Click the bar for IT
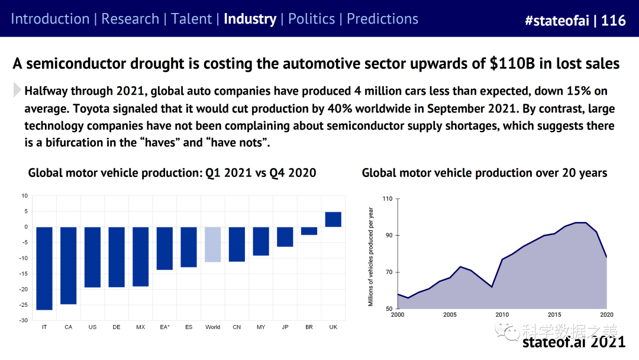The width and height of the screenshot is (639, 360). pos(44,268)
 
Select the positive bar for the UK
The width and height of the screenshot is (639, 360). pos(333,219)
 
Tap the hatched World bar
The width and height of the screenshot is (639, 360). pos(212,245)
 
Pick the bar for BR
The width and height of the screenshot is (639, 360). pos(309,231)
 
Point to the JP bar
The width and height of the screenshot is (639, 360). pos(285,237)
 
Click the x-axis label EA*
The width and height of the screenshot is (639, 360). pos(164,327)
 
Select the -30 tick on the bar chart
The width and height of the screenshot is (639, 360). pos(24,320)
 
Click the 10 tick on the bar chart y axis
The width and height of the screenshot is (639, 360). pos(24,195)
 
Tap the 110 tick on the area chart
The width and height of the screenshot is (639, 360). pos(387,198)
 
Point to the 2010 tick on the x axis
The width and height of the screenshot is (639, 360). pos(502,314)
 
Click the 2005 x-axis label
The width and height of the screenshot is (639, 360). pos(450,314)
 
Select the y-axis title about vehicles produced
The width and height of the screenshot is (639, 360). pos(371,256)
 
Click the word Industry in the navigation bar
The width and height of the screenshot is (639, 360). pos(250,19)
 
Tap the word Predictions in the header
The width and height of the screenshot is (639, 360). pos(382,19)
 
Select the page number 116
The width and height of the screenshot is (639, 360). pos(614,21)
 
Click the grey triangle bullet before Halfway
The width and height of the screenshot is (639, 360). pos(17,91)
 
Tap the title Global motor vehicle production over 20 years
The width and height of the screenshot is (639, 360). pos(485,173)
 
